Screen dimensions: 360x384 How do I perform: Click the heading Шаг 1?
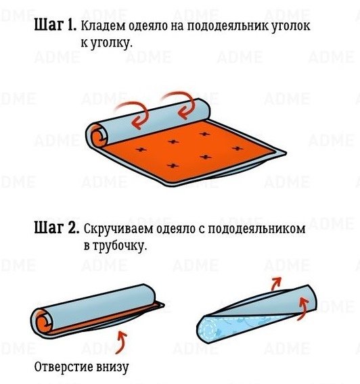(x=55, y=25)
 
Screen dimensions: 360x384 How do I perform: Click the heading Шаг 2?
(x=57, y=228)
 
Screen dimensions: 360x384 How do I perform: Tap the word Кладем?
(x=103, y=26)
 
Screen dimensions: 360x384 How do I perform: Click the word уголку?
(x=111, y=43)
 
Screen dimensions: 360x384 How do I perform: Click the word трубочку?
(x=119, y=245)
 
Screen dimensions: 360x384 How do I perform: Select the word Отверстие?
(x=64, y=367)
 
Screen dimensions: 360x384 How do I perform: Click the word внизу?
(x=113, y=367)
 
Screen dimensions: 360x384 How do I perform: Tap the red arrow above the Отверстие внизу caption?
(x=122, y=342)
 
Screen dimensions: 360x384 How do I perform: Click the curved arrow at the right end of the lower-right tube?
(x=304, y=308)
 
